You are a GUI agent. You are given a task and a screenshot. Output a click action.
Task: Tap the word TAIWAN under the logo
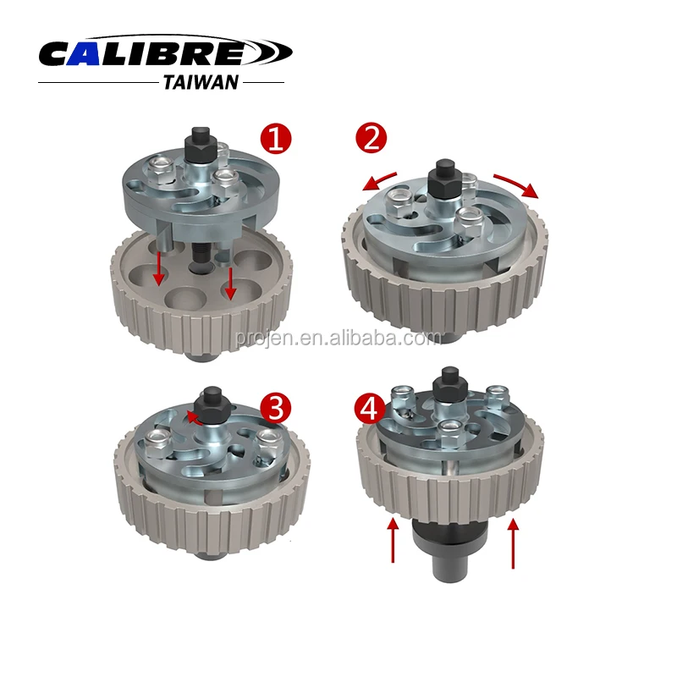[x=200, y=82]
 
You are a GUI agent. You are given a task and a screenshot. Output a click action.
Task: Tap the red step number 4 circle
[x=370, y=409]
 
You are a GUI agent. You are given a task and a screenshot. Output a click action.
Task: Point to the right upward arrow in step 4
[x=512, y=542]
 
